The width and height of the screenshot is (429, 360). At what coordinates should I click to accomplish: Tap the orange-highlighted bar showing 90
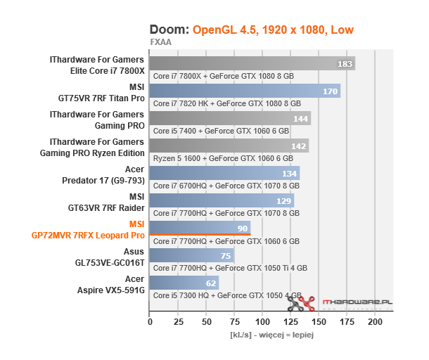pos(200,229)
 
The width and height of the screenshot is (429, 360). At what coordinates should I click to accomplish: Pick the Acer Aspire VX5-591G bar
pos(184,283)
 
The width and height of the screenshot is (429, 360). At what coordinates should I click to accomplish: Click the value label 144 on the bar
pos(301,119)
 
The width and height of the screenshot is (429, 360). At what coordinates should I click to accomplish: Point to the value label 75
pos(226,256)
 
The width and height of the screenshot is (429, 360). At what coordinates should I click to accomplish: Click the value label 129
pos(284,201)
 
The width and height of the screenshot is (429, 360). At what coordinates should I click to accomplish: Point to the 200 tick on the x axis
pos(376,322)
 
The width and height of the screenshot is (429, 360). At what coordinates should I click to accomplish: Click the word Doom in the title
pos(169,30)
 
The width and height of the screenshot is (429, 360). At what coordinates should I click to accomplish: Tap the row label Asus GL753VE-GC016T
pos(115,256)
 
